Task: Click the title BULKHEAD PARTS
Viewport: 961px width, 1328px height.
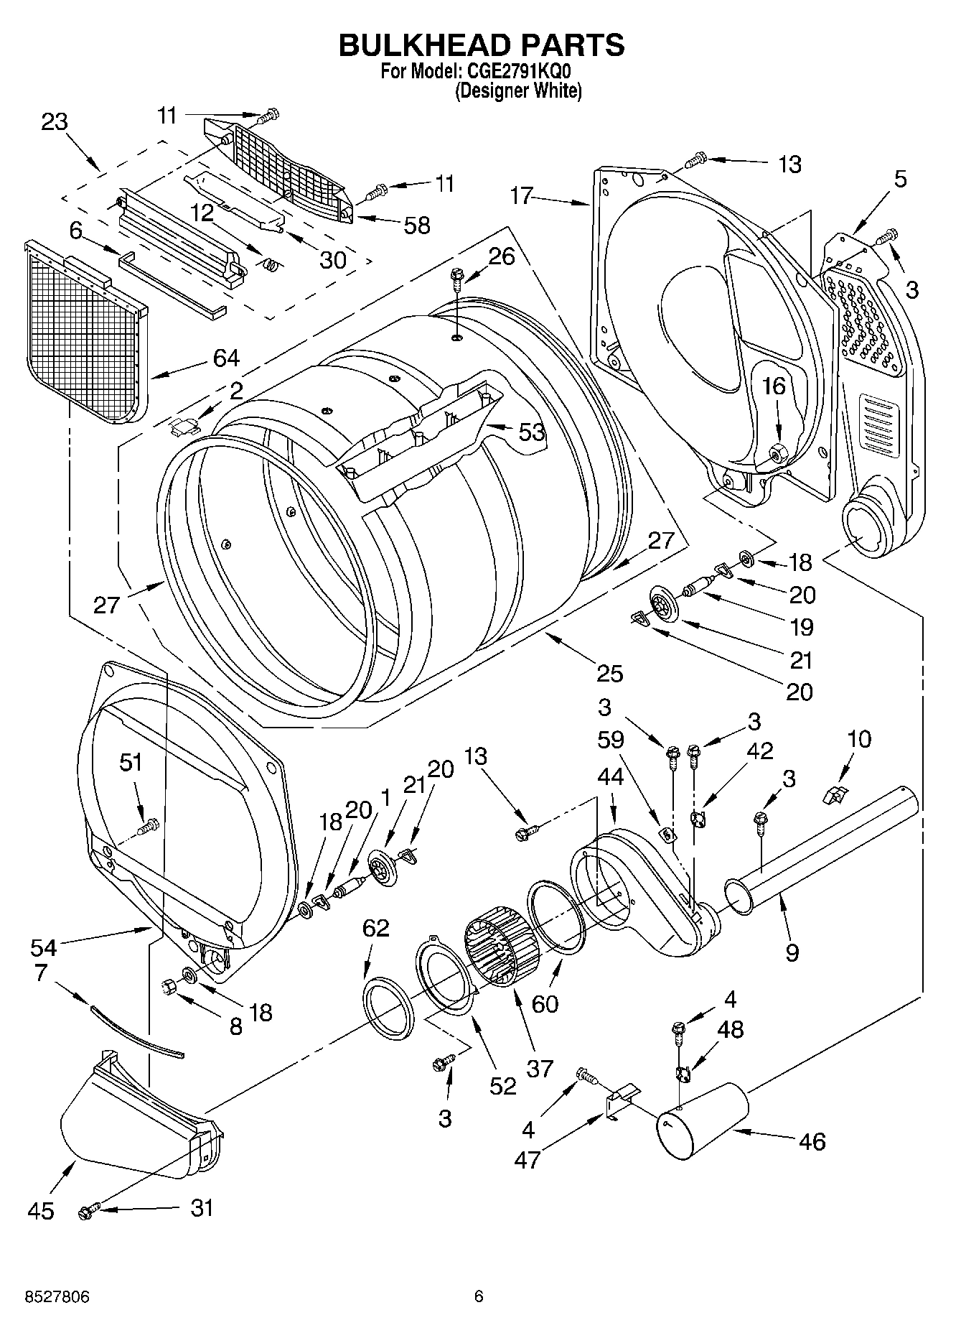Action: pyautogui.click(x=481, y=45)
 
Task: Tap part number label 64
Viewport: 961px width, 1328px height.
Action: pyautogui.click(x=226, y=357)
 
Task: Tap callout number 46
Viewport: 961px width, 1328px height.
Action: pyautogui.click(x=812, y=1141)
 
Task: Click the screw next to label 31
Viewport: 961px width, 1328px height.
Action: pyautogui.click(x=87, y=1212)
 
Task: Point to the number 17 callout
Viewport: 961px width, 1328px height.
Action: pyautogui.click(x=522, y=195)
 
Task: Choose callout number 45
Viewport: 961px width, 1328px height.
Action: pyautogui.click(x=41, y=1211)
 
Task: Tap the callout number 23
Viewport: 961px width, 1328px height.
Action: pyautogui.click(x=54, y=121)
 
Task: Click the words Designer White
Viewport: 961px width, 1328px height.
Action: pyautogui.click(x=518, y=91)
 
